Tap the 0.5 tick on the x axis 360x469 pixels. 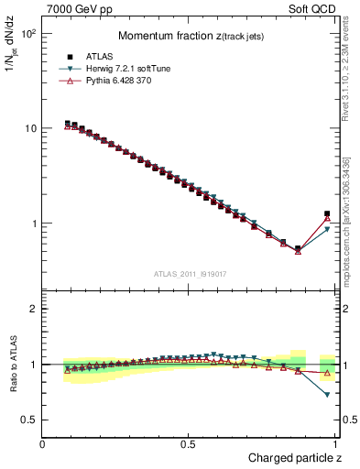[x=189, y=444]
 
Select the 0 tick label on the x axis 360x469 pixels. [x=42, y=444]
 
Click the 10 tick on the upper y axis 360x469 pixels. [x=29, y=128]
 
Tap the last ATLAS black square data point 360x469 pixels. [x=327, y=214]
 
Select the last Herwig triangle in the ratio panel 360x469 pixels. [x=327, y=395]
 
